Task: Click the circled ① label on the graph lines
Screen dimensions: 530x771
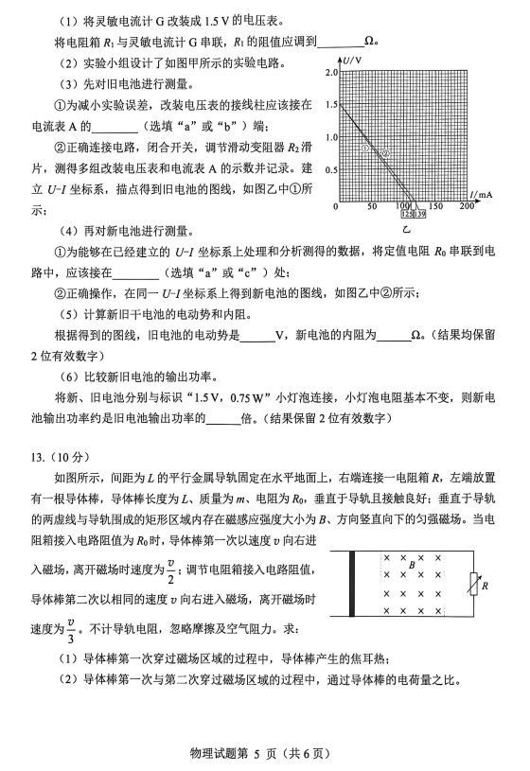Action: (x=364, y=149)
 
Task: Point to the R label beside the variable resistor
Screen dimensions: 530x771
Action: (x=484, y=587)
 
